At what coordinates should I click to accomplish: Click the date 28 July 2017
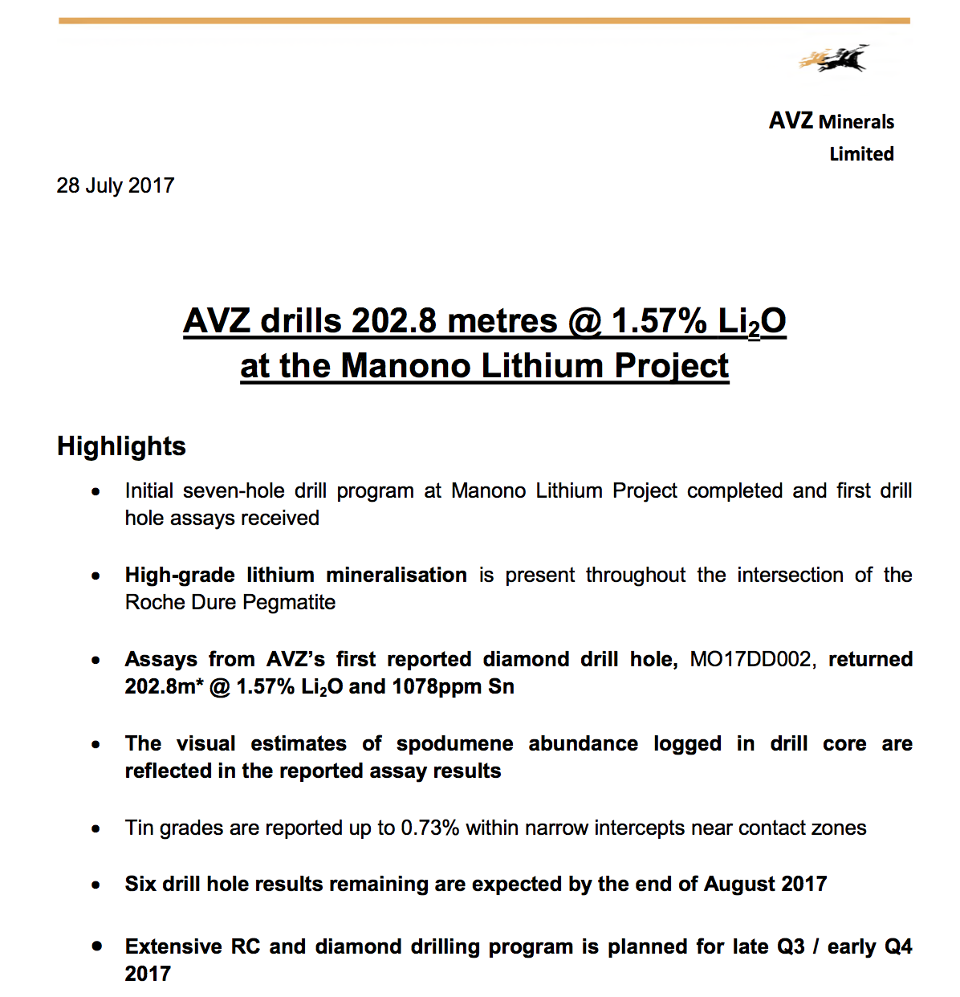(x=116, y=185)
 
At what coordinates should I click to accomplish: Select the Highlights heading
(x=121, y=446)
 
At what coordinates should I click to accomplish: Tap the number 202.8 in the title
(x=394, y=321)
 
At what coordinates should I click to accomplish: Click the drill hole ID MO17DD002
(x=751, y=660)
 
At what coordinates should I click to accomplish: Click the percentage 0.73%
(x=429, y=828)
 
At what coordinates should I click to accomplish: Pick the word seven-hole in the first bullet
(x=234, y=490)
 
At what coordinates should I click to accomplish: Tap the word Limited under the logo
(x=861, y=154)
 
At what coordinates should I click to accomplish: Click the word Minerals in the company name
(x=856, y=122)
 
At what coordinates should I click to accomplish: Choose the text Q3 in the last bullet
(x=791, y=947)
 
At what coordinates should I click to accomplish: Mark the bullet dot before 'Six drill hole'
(x=96, y=885)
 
